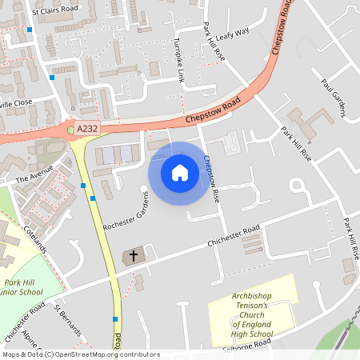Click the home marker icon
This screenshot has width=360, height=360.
coord(179,172)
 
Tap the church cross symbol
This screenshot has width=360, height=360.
coord(133,257)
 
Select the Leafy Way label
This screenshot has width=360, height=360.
coord(233,32)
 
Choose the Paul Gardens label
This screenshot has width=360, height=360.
coord(333,97)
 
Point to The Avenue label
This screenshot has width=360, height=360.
coord(33,171)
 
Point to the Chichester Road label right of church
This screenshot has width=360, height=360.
coord(234,235)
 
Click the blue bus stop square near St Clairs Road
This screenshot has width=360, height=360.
coord(30,30)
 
